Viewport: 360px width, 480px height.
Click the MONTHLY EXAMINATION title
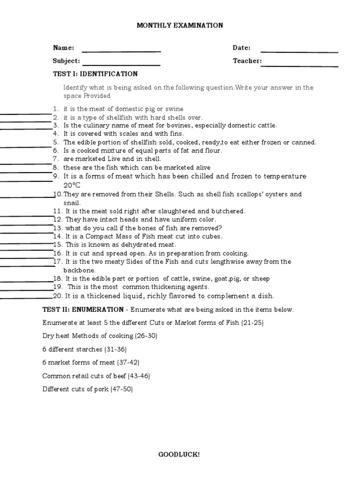pyautogui.click(x=180, y=25)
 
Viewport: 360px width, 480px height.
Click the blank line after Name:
pyautogui.click(x=121, y=51)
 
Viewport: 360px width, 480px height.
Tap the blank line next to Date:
pyautogui.click(x=299, y=52)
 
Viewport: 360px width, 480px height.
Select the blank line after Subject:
pyautogui.click(x=121, y=65)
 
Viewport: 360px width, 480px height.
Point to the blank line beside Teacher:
pyautogui.click(x=300, y=65)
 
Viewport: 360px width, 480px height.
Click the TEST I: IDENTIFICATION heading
pyautogui.click(x=96, y=74)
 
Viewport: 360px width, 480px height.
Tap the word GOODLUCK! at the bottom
pyautogui.click(x=180, y=454)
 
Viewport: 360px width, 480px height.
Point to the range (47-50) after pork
pyautogui.click(x=121, y=389)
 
